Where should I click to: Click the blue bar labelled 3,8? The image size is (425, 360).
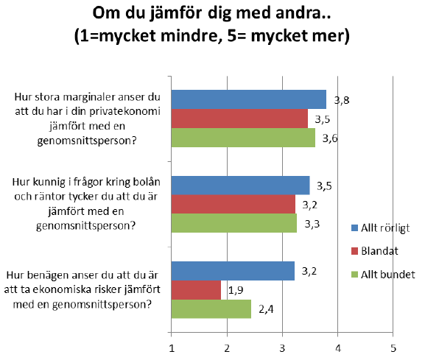click(x=248, y=99)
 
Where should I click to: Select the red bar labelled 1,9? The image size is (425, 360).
click(x=196, y=290)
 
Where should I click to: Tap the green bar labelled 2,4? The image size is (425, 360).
click(x=211, y=308)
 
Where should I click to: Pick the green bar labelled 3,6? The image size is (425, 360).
click(x=243, y=138)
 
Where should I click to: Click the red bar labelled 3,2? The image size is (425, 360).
click(x=233, y=204)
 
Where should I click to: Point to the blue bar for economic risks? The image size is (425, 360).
click(x=233, y=271)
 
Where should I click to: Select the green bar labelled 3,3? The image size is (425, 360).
click(x=234, y=223)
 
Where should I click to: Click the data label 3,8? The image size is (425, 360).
click(x=342, y=101)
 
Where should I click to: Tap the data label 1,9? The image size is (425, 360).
click(x=236, y=290)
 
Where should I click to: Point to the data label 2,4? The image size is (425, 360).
click(x=266, y=309)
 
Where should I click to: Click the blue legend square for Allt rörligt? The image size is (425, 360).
click(x=354, y=227)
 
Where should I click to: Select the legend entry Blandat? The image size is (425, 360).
click(x=375, y=251)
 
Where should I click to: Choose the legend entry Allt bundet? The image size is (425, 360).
click(x=383, y=275)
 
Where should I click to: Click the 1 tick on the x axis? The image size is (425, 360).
click(x=172, y=348)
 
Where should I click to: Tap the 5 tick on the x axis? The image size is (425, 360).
click(x=393, y=348)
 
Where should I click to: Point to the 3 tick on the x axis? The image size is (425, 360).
click(x=282, y=348)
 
